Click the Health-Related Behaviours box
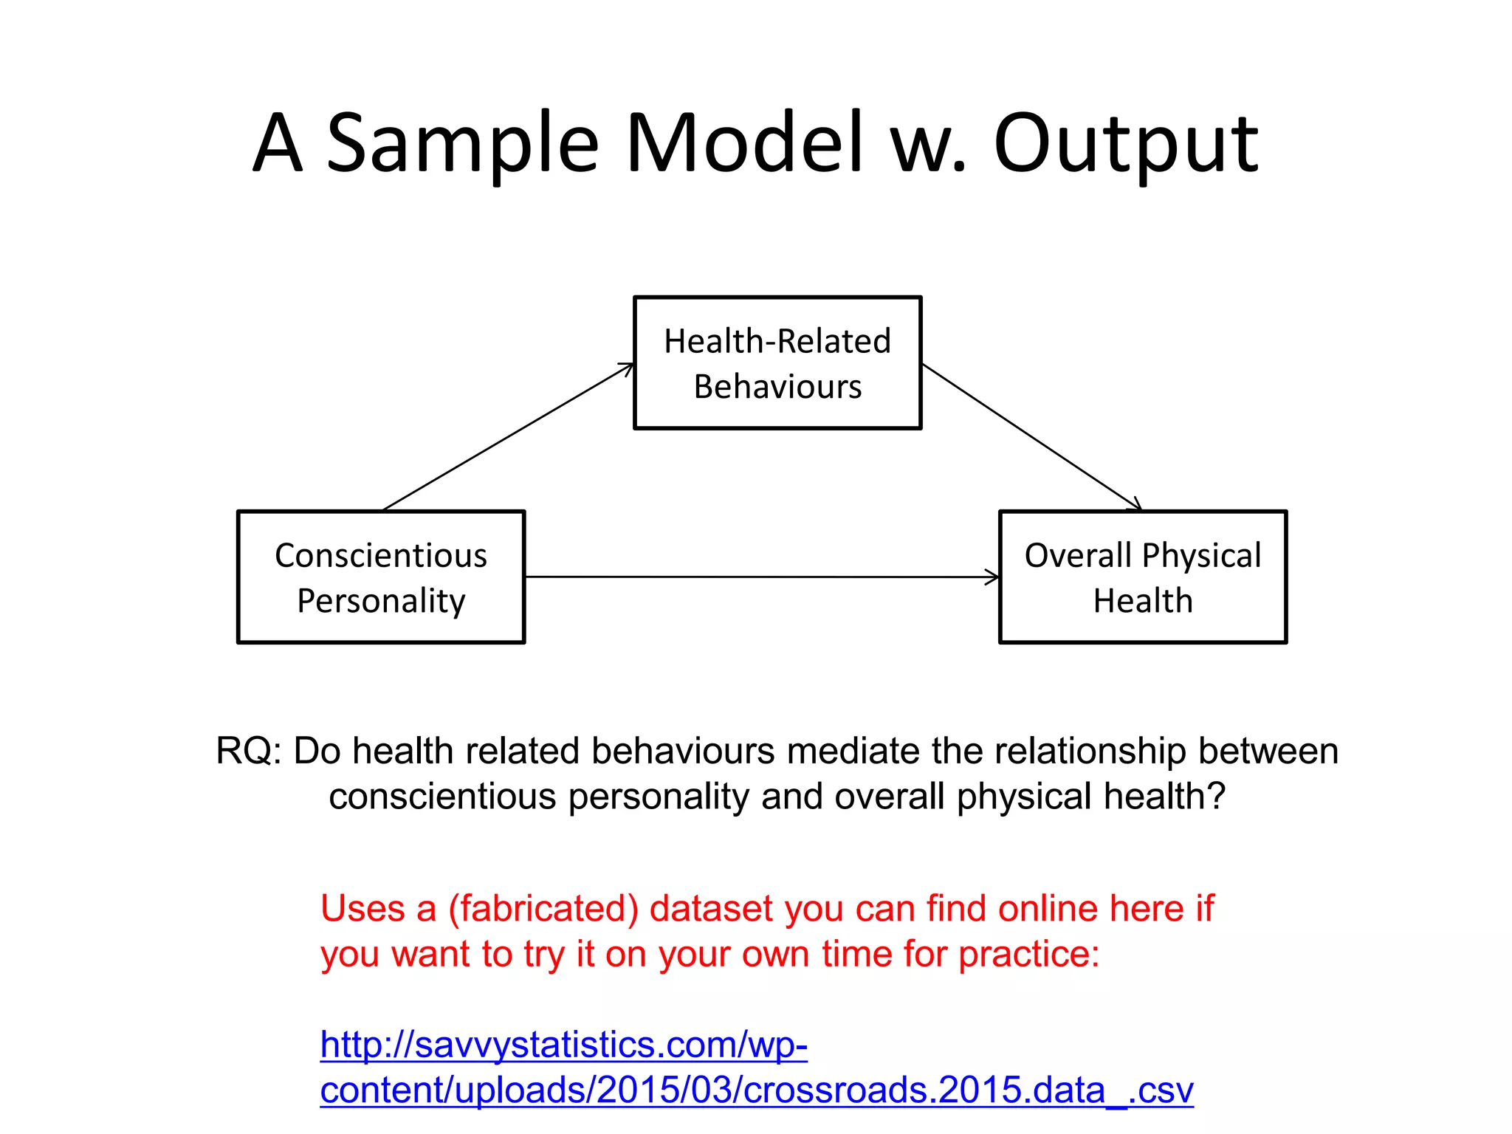[x=777, y=362]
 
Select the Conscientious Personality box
[x=381, y=577]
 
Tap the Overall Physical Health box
[x=1142, y=577]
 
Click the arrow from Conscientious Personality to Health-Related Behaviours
[x=508, y=437]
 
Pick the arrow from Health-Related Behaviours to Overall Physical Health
[x=1032, y=436]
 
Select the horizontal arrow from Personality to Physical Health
[x=760, y=577]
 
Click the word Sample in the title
[x=462, y=143]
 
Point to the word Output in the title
[x=1125, y=143]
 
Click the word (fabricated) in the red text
[x=543, y=909]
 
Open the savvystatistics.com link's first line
[x=564, y=1045]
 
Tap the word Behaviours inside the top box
[x=777, y=387]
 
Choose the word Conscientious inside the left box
[x=381, y=556]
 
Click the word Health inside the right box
[x=1143, y=601]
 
